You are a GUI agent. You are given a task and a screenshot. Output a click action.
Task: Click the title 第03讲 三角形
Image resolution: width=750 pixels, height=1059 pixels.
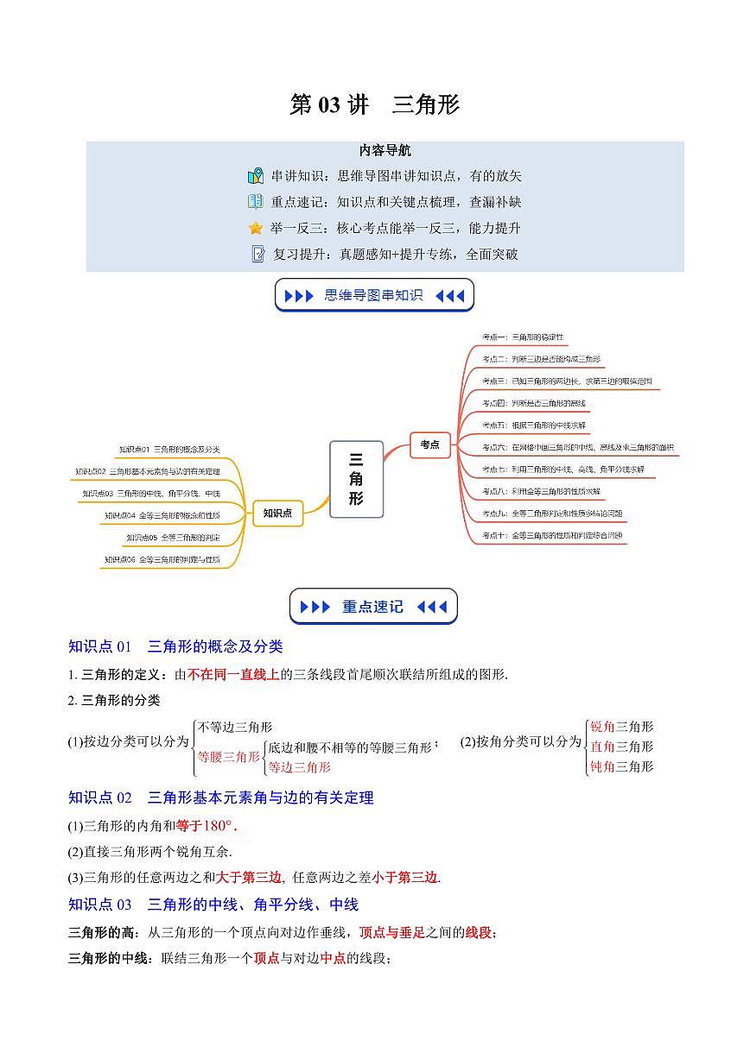[374, 105]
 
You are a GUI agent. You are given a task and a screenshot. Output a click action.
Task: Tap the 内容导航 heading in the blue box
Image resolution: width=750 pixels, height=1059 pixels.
[385, 150]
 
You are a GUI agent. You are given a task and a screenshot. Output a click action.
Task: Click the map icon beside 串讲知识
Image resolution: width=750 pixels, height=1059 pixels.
[256, 176]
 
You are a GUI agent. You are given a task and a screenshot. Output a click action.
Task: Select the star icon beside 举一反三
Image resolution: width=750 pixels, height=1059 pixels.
[256, 229]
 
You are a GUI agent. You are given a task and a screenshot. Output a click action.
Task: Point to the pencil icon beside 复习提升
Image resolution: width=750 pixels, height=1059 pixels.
[257, 255]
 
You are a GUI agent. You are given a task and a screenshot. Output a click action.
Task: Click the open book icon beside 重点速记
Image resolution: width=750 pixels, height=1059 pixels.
[256, 202]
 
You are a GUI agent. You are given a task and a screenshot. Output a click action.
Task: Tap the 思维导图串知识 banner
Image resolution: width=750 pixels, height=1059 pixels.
[374, 295]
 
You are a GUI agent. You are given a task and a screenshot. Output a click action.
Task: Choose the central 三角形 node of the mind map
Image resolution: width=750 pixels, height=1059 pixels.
[357, 478]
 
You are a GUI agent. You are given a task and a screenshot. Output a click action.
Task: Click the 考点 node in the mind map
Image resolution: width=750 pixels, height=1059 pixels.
[429, 444]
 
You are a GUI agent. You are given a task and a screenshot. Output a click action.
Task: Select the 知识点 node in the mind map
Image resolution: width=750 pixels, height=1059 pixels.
[277, 513]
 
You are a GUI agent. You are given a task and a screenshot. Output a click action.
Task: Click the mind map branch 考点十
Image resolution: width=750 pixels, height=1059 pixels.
[553, 535]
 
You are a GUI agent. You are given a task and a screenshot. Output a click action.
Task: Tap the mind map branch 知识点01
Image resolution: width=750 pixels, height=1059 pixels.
[169, 450]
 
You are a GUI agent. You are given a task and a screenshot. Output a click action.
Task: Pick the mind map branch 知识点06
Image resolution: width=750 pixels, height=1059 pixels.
[162, 560]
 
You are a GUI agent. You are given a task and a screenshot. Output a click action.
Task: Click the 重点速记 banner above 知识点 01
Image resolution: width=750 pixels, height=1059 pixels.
[373, 607]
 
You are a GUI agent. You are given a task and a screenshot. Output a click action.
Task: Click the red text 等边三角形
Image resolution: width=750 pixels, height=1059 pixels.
[299, 766]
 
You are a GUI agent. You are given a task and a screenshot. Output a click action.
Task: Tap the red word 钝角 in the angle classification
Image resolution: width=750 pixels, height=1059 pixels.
[602, 766]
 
